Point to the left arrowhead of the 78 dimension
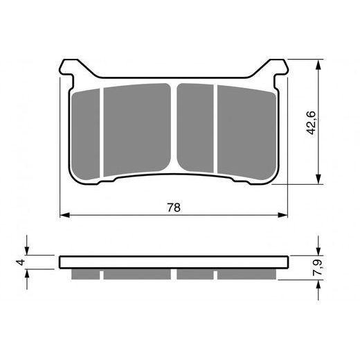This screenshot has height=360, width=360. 64,215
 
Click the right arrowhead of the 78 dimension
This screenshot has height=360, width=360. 284,215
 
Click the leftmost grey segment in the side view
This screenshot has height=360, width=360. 87,274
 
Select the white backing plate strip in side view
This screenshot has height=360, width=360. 173,262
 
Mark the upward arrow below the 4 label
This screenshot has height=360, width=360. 28,275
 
